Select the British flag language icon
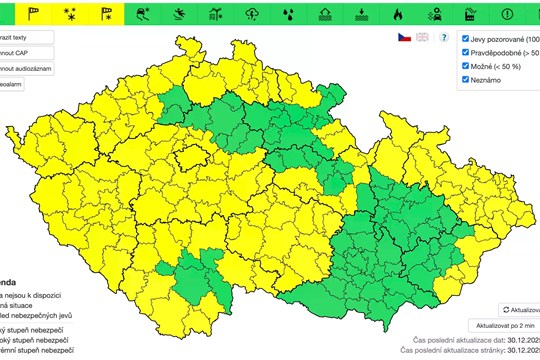[x=422, y=37]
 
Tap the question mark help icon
[x=443, y=37]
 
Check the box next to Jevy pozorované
[x=466, y=37]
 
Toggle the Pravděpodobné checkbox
[x=466, y=51]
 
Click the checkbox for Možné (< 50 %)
[x=466, y=65]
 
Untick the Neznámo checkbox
[x=466, y=79]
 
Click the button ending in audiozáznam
[x=24, y=69]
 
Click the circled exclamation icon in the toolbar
[x=507, y=14]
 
